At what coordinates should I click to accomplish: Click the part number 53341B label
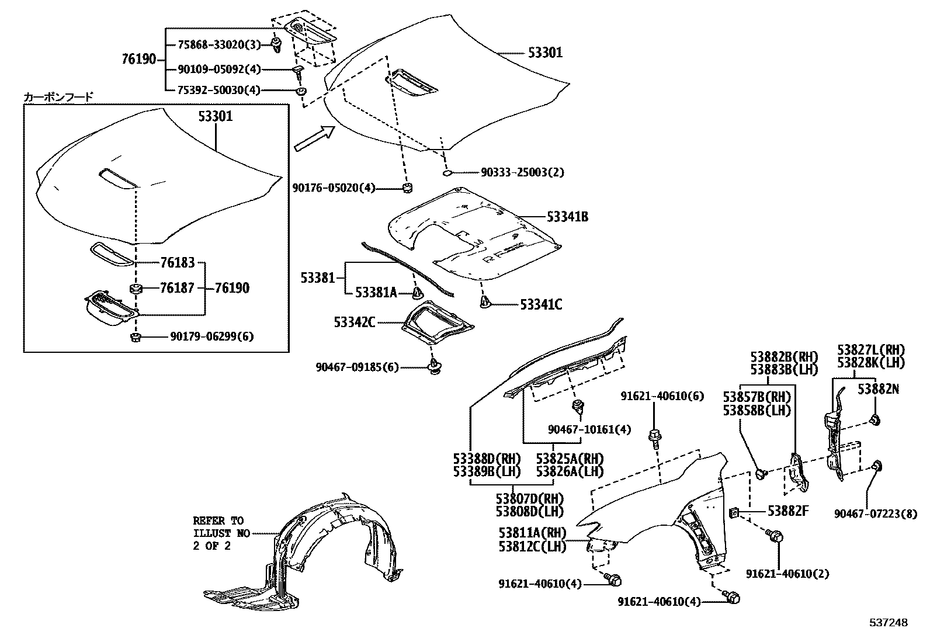coord(567,217)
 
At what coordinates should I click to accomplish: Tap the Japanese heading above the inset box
coord(58,97)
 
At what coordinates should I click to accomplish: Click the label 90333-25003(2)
coord(522,173)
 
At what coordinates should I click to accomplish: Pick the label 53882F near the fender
coord(787,511)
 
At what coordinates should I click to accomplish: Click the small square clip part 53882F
coord(735,513)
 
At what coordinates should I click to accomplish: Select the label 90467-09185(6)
coord(357,367)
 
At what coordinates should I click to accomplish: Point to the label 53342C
coord(355,322)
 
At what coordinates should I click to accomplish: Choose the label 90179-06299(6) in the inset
coord(211,336)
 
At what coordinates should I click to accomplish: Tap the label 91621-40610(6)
coord(662,396)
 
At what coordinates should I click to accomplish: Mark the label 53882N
coord(878,389)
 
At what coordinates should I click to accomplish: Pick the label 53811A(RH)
coord(533,533)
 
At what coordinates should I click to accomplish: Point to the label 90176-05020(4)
coord(334,188)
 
